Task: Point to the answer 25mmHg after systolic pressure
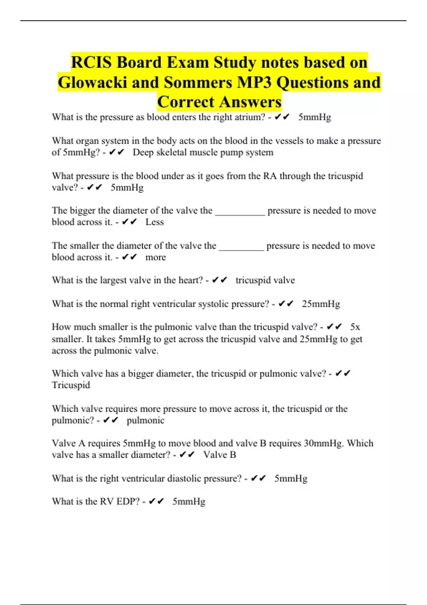click(321, 304)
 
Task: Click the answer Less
click(154, 222)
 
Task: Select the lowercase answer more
click(155, 257)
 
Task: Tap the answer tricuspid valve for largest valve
click(265, 280)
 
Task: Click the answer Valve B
click(220, 455)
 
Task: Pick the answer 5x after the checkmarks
click(355, 327)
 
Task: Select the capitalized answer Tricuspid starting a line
click(71, 385)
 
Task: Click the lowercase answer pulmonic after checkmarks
click(145, 420)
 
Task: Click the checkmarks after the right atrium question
click(282, 117)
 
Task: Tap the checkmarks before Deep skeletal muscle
click(116, 152)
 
